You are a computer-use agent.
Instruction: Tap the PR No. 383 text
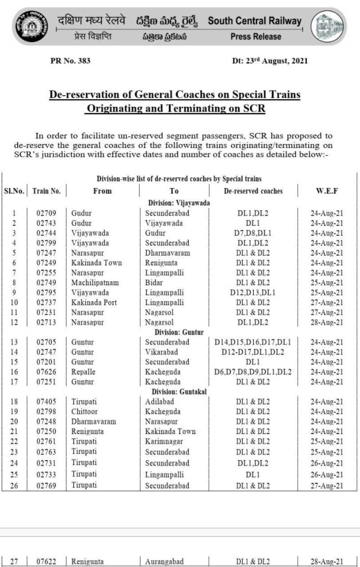[70, 60]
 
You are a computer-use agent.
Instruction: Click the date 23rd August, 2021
[270, 60]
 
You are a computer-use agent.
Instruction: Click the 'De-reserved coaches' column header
[253, 191]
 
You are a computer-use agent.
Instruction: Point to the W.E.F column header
[327, 191]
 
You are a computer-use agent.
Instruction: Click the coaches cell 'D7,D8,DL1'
[253, 233]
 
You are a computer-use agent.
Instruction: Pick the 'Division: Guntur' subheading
[179, 332]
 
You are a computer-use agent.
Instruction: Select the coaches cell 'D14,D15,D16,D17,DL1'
[253, 342]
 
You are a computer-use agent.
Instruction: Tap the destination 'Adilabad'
[161, 402]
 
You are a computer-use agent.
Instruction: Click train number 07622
[47, 561]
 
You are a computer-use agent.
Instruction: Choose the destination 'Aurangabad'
[166, 561]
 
